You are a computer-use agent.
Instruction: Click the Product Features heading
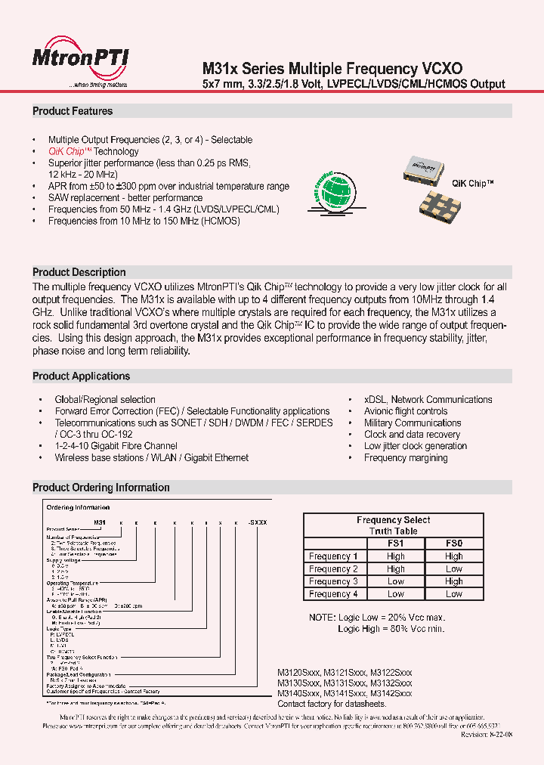(x=73, y=111)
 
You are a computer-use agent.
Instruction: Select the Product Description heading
(x=79, y=272)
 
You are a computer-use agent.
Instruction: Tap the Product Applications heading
(x=82, y=376)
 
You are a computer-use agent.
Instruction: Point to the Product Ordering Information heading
(x=101, y=488)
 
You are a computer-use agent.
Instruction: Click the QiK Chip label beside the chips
(x=473, y=184)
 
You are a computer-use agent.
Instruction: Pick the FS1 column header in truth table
(x=395, y=544)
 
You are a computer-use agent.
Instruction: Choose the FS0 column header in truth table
(x=453, y=544)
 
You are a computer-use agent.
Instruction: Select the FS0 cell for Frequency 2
(x=453, y=569)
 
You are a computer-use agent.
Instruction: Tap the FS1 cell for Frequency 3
(x=395, y=581)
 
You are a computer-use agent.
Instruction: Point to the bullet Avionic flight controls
(x=406, y=411)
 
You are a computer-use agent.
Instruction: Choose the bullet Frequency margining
(x=406, y=457)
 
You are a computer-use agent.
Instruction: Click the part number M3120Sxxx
(x=299, y=671)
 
